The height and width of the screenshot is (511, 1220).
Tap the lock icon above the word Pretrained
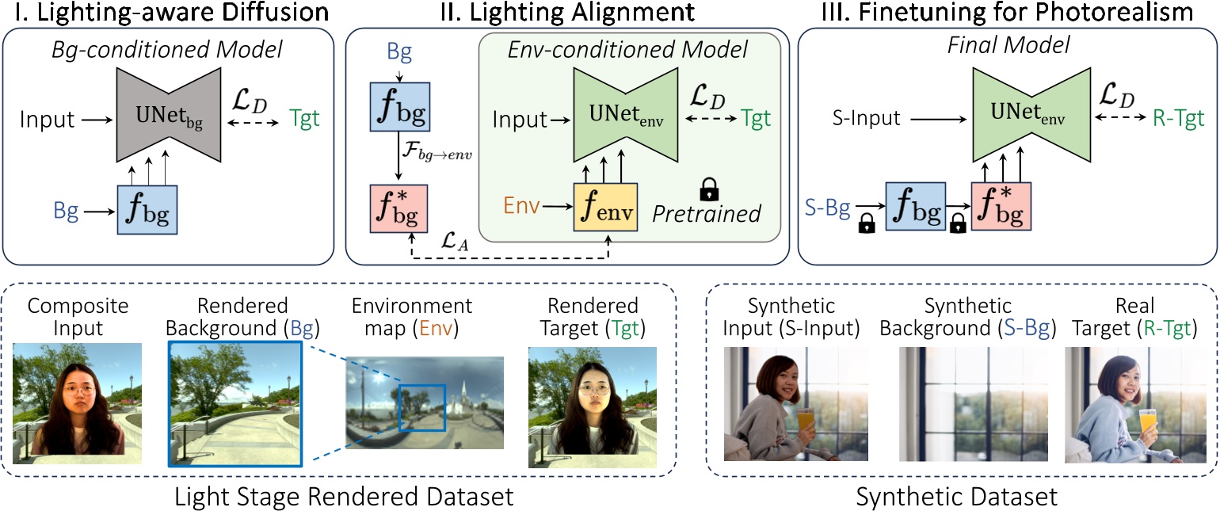(x=707, y=189)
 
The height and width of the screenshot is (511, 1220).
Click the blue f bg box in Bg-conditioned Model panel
(x=147, y=211)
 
